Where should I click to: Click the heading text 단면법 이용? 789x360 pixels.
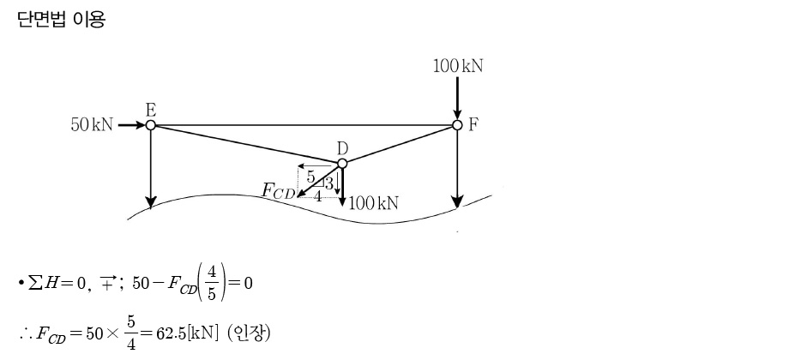[x=60, y=20]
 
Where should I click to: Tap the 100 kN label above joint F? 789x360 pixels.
[x=457, y=66]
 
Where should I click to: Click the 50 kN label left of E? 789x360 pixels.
[x=91, y=125]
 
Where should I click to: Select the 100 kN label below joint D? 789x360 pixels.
[x=374, y=202]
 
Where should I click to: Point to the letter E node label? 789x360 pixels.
[x=151, y=110]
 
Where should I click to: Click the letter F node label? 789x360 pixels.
[x=473, y=124]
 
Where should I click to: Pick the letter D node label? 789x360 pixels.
[x=341, y=149]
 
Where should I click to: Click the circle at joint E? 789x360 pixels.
[x=151, y=125]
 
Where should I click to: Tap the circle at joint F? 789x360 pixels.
[x=457, y=125]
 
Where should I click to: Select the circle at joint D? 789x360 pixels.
[x=341, y=163]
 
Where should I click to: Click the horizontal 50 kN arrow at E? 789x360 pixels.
[x=130, y=125]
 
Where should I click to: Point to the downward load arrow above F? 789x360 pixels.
[x=457, y=96]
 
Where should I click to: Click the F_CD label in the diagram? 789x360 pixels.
[x=278, y=190]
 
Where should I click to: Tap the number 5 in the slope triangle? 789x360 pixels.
[x=311, y=178]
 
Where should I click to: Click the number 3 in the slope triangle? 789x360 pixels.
[x=328, y=183]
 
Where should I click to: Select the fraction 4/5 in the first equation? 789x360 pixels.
[x=212, y=282]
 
